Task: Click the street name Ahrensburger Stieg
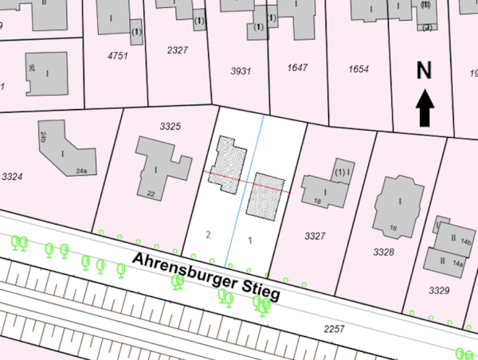tap(206, 277)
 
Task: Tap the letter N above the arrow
tap(425, 71)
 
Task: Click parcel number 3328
tap(384, 252)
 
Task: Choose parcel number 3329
tap(439, 289)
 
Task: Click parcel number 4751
tap(117, 57)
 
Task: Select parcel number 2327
tap(178, 49)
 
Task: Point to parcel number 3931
tap(241, 71)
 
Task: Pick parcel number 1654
tap(358, 70)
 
